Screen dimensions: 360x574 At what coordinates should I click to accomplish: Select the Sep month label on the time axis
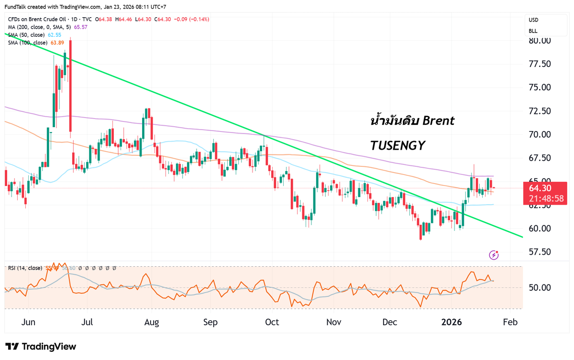[x=210, y=322]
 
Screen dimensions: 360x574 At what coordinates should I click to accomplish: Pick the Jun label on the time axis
[x=29, y=322]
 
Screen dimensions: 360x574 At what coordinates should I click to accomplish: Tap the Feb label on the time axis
[x=510, y=322]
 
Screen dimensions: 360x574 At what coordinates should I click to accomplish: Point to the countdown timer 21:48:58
[x=546, y=198]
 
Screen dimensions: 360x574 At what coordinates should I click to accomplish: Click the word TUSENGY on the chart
[x=398, y=146]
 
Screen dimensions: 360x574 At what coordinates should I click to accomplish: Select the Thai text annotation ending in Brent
[x=412, y=121]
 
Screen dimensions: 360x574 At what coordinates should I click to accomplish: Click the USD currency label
[x=533, y=20]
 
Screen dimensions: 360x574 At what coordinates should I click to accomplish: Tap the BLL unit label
[x=533, y=31]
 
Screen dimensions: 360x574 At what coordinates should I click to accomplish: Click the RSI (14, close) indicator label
[x=25, y=268]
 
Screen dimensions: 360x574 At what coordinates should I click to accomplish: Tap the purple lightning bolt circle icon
[x=494, y=255]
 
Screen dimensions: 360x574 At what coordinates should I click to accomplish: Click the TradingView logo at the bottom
[x=41, y=347]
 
